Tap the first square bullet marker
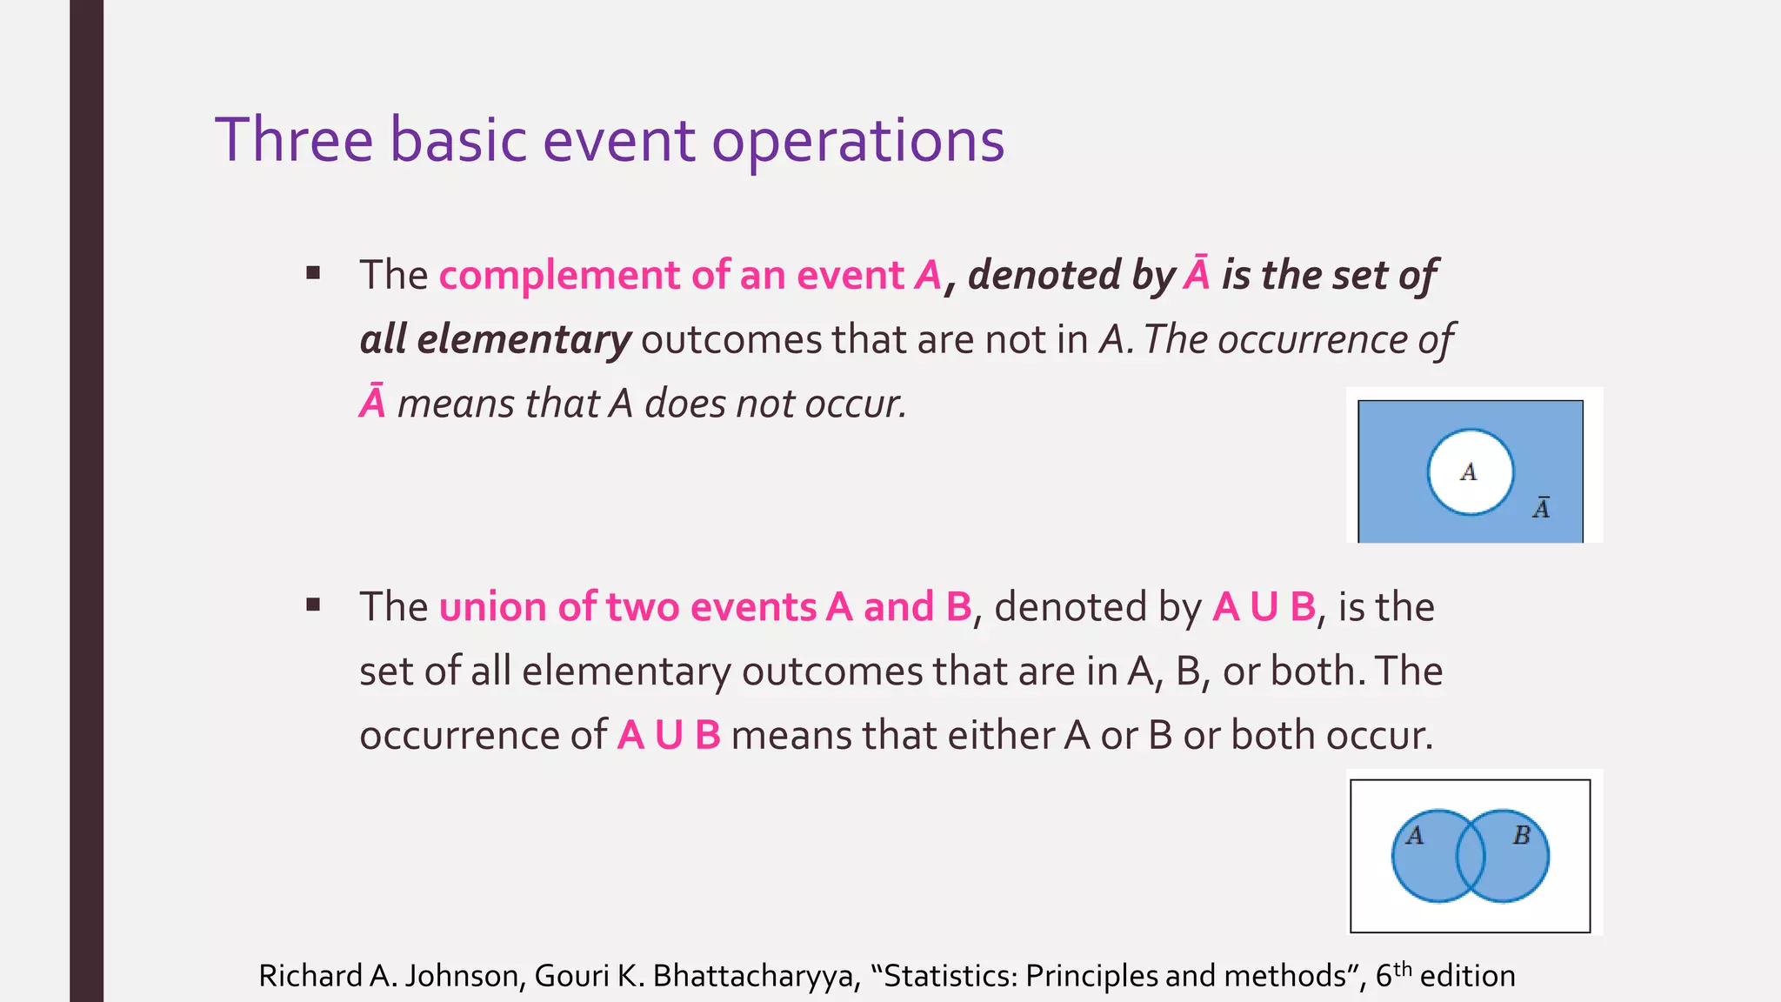click(x=314, y=274)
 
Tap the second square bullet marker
click(x=314, y=605)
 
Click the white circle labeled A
click(x=1470, y=472)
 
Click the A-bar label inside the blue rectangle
click(x=1541, y=508)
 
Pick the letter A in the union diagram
click(x=1415, y=836)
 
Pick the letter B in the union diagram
click(x=1521, y=836)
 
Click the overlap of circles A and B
click(x=1471, y=857)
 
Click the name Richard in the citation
click(x=310, y=976)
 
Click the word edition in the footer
click(x=1468, y=976)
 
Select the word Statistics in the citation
click(x=946, y=976)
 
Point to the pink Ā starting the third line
click(x=372, y=404)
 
